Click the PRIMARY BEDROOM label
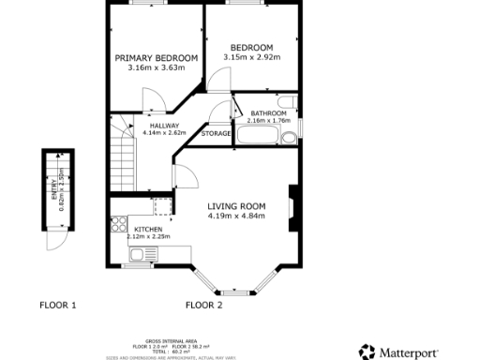pyautogui.click(x=157, y=58)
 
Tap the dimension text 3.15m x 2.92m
pyautogui.click(x=252, y=58)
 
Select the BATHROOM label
pyautogui.click(x=268, y=113)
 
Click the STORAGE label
pyautogui.click(x=217, y=134)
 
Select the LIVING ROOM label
pyautogui.click(x=236, y=206)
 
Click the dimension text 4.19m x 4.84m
pyautogui.click(x=236, y=217)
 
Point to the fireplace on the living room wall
pyautogui.click(x=295, y=206)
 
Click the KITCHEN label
pyautogui.click(x=148, y=229)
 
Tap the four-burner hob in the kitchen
pyautogui.click(x=119, y=224)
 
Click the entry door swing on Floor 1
pyautogui.click(x=57, y=241)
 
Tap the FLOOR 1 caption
pyautogui.click(x=58, y=305)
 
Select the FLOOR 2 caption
pyautogui.click(x=203, y=305)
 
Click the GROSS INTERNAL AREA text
pyautogui.click(x=170, y=340)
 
